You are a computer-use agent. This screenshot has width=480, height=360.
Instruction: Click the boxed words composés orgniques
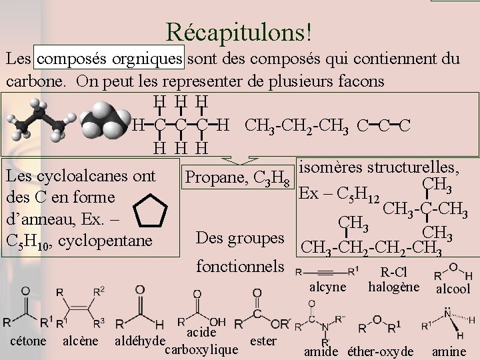coord(111,59)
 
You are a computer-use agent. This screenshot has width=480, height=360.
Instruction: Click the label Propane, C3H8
coord(238,177)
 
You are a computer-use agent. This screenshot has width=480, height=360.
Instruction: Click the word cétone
coord(29,341)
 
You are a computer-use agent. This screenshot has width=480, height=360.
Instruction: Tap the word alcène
coord(81,341)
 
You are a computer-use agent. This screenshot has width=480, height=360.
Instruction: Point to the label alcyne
coord(329,287)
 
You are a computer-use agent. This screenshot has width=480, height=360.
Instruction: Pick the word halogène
coord(393,287)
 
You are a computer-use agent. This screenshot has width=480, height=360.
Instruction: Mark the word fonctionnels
coord(240,266)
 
